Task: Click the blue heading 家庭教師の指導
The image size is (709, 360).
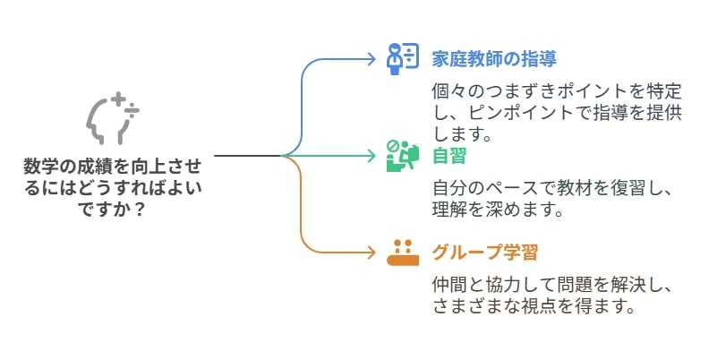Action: [x=494, y=59]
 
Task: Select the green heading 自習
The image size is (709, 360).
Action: [x=449, y=156]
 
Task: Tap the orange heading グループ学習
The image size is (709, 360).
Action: [x=484, y=253]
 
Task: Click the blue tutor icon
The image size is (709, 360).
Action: [x=403, y=59]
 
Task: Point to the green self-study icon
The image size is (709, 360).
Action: [x=403, y=156]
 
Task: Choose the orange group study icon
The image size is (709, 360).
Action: [x=403, y=253]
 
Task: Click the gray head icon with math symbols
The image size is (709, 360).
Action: [x=113, y=118]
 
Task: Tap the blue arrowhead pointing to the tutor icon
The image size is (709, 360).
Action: [x=372, y=59]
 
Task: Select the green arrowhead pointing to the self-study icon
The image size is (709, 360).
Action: [x=372, y=156]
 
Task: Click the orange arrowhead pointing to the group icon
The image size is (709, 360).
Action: [x=372, y=253]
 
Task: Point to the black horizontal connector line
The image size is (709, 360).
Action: [x=248, y=156]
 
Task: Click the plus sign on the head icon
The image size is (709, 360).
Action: [x=118, y=99]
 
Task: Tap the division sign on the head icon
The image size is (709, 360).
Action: [x=132, y=110]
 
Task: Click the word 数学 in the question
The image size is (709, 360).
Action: [x=40, y=167]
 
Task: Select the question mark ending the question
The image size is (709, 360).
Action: [x=140, y=210]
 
